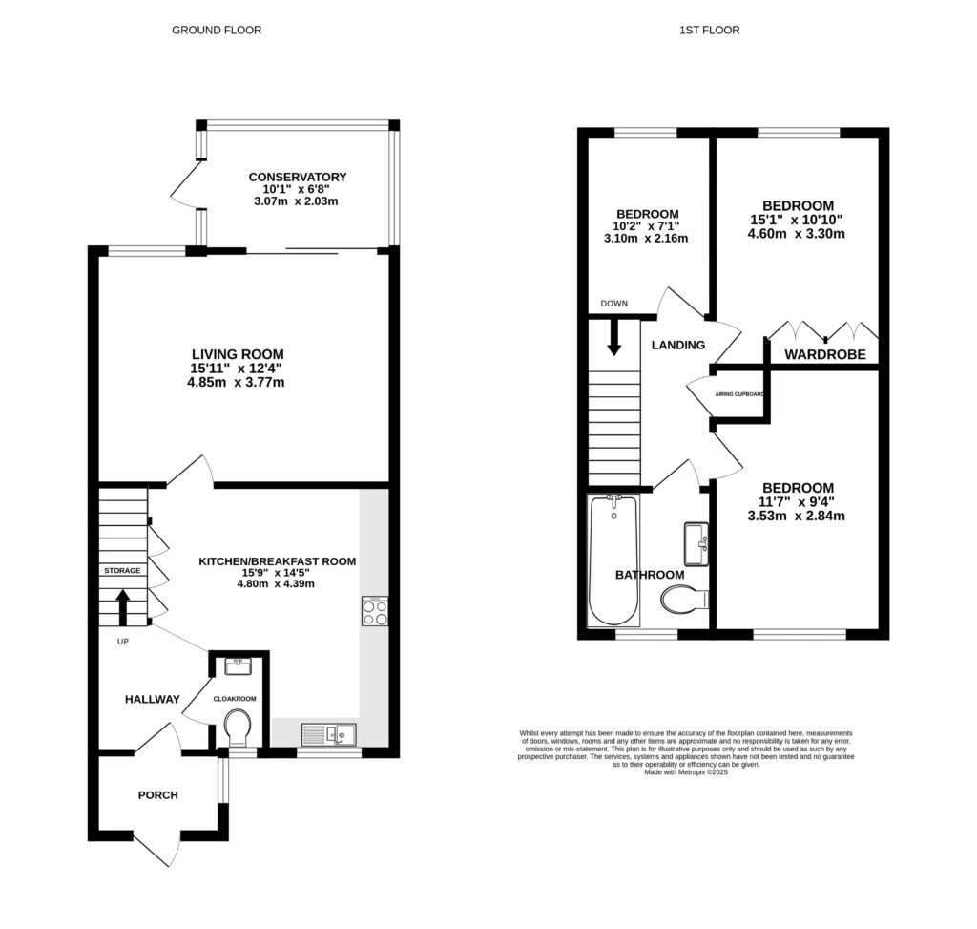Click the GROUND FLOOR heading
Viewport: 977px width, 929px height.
coord(217,30)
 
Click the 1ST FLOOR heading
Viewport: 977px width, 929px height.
coord(709,30)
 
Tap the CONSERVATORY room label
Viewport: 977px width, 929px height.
coord(297,177)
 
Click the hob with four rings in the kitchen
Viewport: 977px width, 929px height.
coord(374,611)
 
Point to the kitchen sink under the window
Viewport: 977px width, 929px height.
coord(328,733)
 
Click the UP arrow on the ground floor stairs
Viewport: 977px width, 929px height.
coord(123,605)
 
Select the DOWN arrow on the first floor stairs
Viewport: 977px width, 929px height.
coord(613,337)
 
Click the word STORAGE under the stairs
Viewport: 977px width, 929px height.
coord(122,570)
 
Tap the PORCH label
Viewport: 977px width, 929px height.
coord(158,794)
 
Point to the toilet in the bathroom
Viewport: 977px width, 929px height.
coord(684,600)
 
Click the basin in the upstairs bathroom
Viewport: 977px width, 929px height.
coord(696,543)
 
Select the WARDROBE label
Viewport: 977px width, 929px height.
coord(824,354)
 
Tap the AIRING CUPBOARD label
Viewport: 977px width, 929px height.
coord(739,392)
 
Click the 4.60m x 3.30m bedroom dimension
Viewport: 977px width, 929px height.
coord(798,233)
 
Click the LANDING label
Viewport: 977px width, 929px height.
coord(678,345)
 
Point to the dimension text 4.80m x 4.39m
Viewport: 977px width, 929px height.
coord(276,583)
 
